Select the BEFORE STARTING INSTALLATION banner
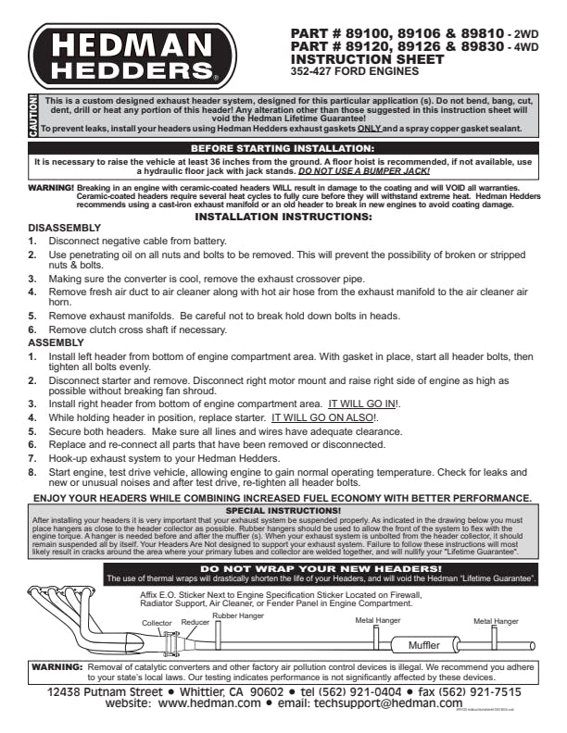tap(282, 148)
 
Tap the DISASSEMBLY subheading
tap(65, 228)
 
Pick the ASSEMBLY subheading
tap(57, 342)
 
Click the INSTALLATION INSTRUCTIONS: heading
tap(283, 217)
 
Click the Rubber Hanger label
tap(238, 615)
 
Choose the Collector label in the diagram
tap(157, 623)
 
